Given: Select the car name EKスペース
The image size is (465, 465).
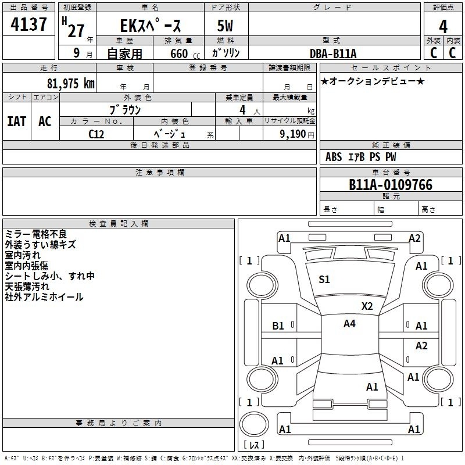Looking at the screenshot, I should pyautogui.click(x=151, y=26).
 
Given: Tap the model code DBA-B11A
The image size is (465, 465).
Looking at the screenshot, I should pyautogui.click(x=333, y=53).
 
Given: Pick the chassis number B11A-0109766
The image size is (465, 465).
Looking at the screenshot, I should pyautogui.click(x=391, y=185).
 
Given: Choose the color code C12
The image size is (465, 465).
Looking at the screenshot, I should pyautogui.click(x=96, y=133).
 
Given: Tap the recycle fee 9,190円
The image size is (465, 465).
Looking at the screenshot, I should pyautogui.click(x=296, y=134).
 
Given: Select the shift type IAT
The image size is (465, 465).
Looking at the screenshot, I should pyautogui.click(x=17, y=121).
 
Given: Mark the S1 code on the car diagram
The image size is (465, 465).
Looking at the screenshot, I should pyautogui.click(x=324, y=280).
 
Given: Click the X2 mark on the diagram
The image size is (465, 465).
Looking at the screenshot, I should pyautogui.click(x=367, y=306).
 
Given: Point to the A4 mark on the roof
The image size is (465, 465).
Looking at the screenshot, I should pyautogui.click(x=349, y=324).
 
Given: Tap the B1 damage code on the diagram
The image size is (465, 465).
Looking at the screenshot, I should pyautogui.click(x=278, y=326).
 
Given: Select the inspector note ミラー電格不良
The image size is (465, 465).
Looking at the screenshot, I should pyautogui.click(x=36, y=234).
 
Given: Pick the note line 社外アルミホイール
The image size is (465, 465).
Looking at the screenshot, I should pyautogui.click(x=44, y=297).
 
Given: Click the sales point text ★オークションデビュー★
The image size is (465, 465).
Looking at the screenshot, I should pyautogui.click(x=373, y=81).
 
